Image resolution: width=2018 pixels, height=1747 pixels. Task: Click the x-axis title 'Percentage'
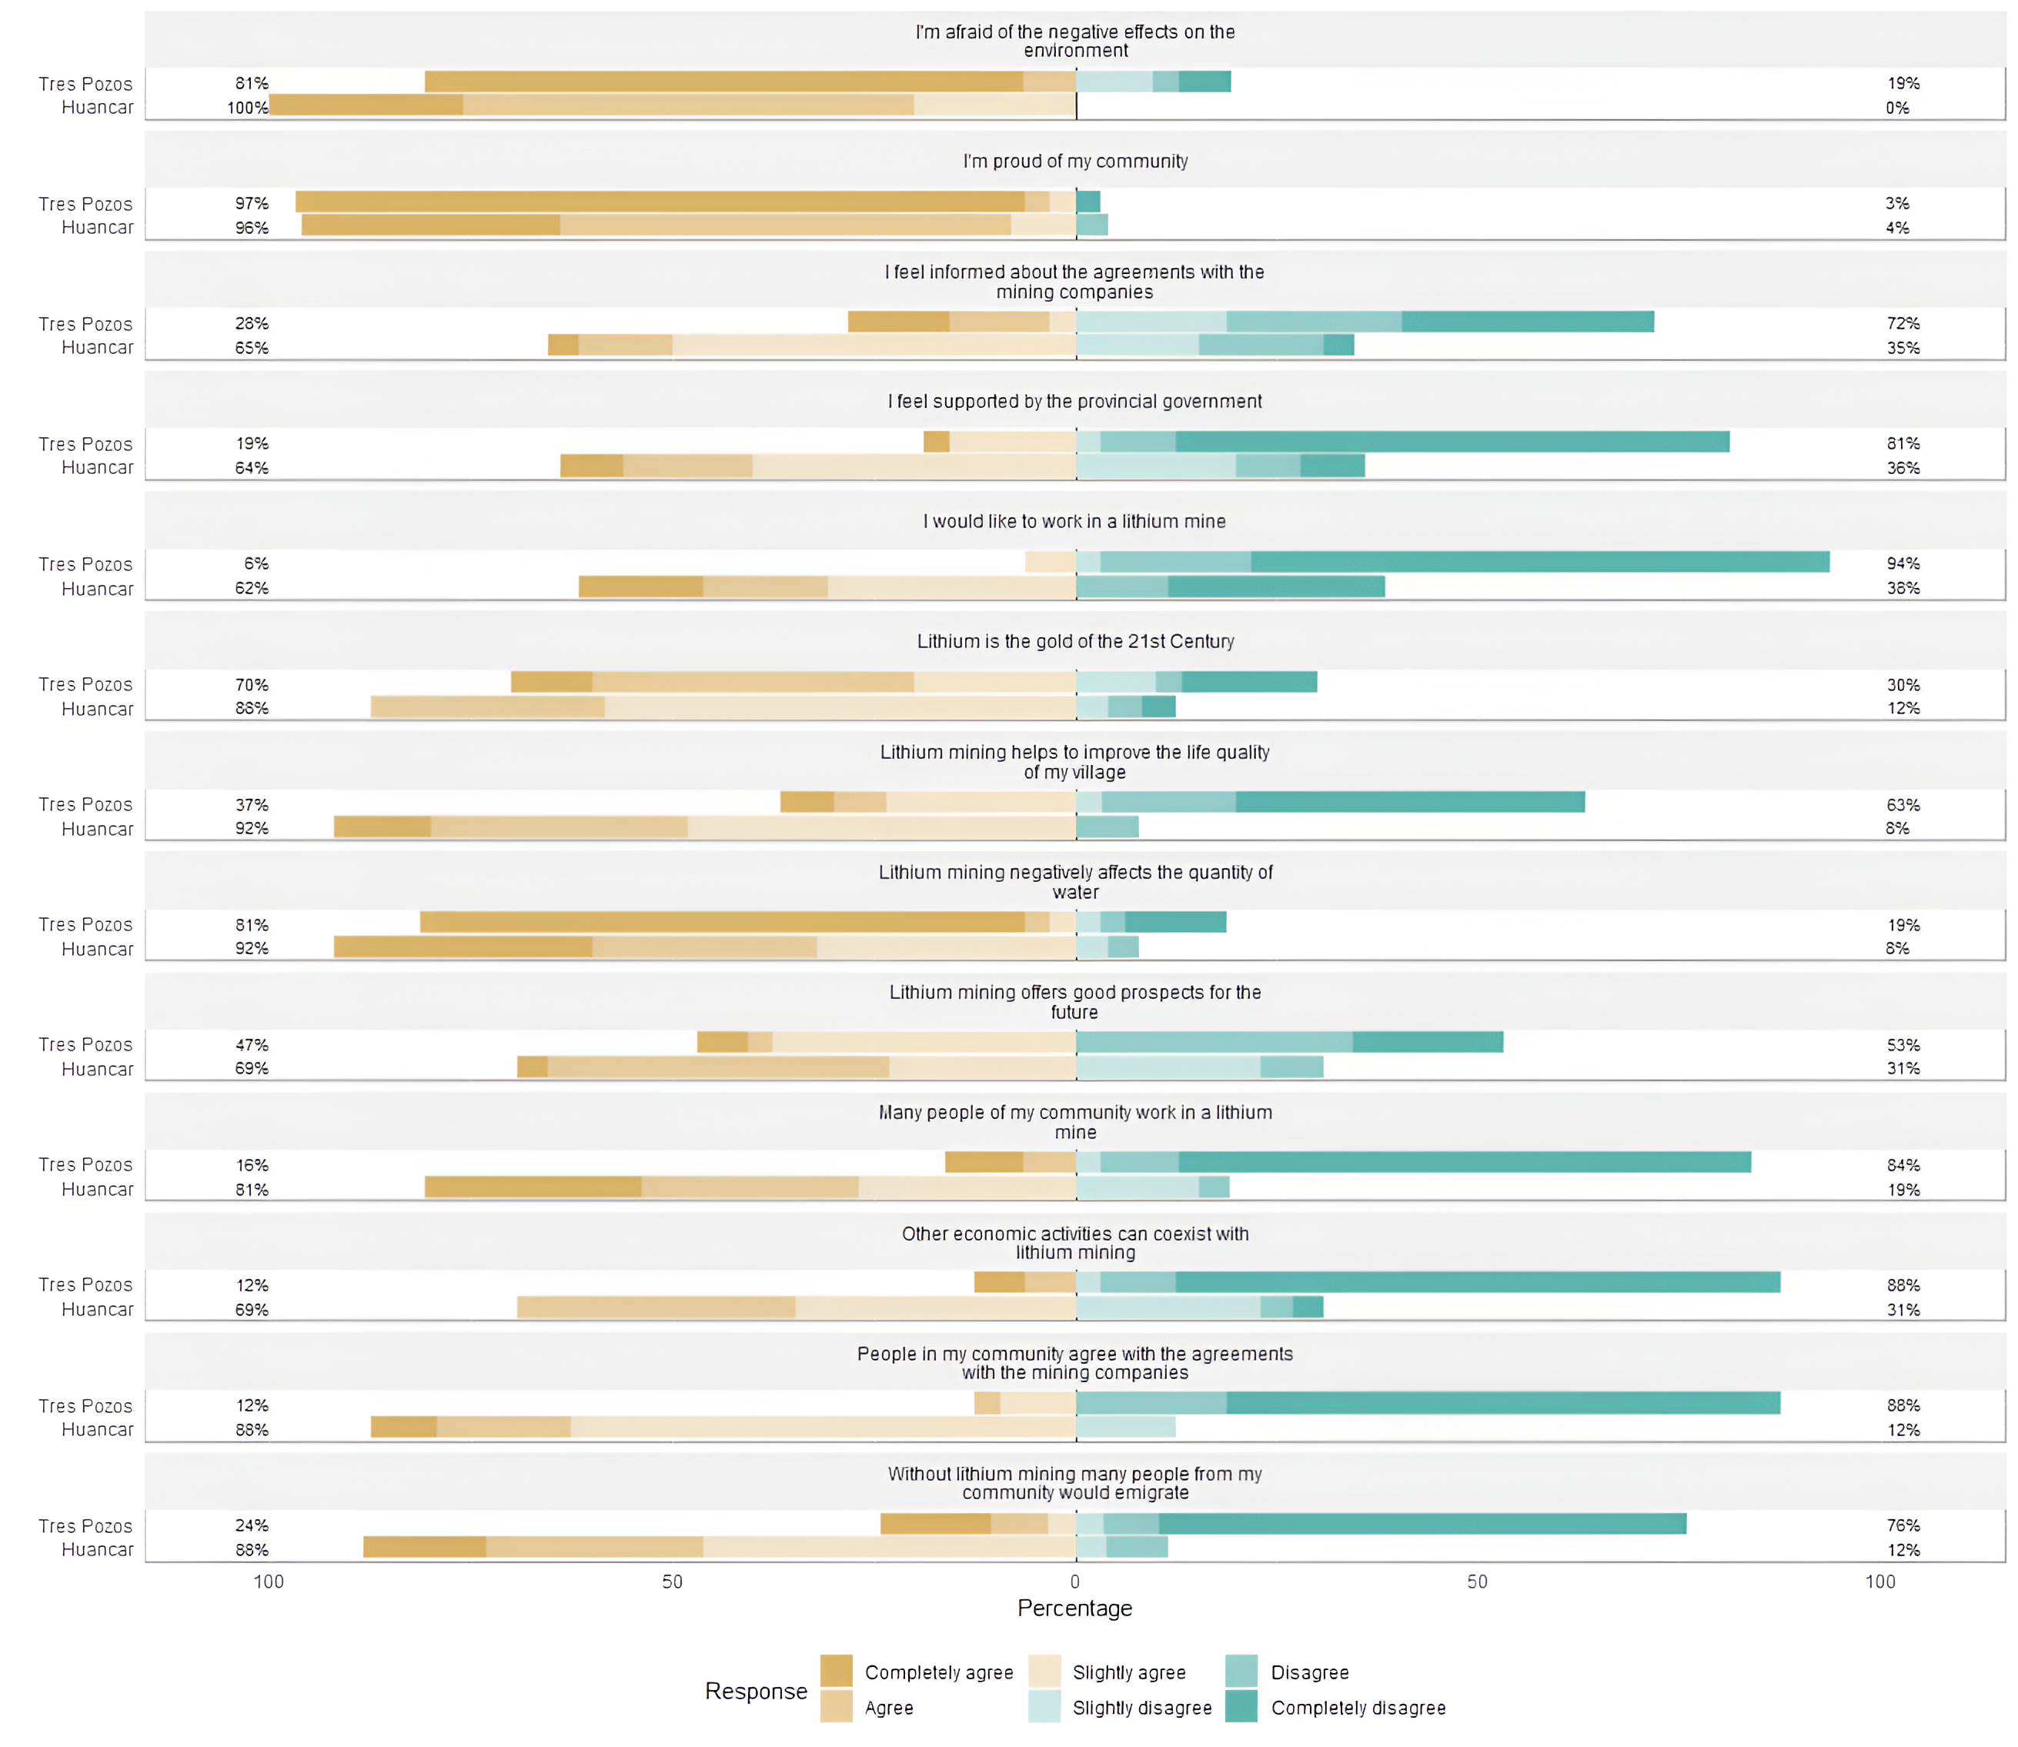point(1074,1608)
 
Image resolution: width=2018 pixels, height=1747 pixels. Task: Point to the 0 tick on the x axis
point(1074,1582)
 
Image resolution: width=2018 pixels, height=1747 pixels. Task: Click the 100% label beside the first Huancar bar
point(246,107)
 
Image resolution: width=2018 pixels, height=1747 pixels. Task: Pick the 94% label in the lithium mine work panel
point(1902,563)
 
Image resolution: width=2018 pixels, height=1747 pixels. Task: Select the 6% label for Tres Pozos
point(256,563)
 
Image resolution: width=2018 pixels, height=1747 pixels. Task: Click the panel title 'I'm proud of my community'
point(1074,161)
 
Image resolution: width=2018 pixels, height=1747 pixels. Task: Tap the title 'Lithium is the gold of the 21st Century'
point(1074,642)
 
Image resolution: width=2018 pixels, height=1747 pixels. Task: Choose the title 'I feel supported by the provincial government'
point(1074,401)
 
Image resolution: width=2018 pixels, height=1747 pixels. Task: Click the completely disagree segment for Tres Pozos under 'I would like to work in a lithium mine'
point(1539,562)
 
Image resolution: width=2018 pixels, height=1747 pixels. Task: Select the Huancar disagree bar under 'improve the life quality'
point(1107,827)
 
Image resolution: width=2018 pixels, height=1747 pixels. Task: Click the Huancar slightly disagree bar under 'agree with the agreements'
point(1125,1428)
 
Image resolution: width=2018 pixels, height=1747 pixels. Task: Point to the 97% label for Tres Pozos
point(252,202)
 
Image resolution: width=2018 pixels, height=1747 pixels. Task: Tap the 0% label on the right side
point(1896,107)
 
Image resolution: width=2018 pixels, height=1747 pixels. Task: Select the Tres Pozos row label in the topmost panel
point(85,84)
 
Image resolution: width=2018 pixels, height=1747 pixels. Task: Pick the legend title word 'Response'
point(756,1691)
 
